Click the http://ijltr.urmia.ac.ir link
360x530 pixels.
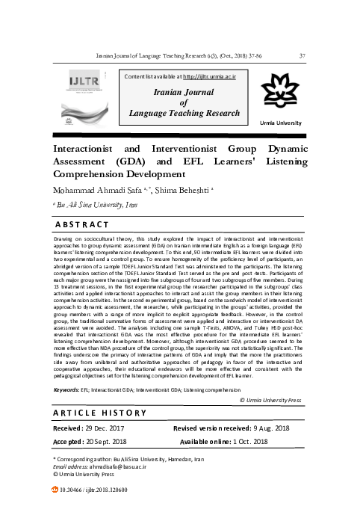(x=217, y=76)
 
